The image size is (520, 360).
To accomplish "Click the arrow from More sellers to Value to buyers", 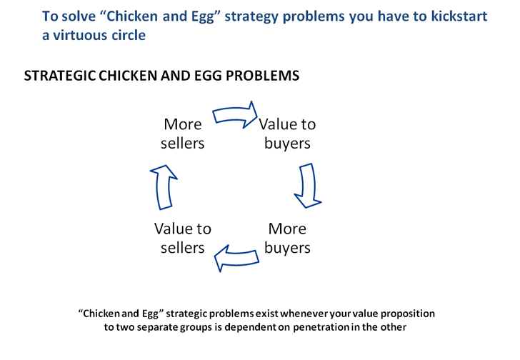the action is (234, 115).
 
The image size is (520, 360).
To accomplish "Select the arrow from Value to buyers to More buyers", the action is (308, 186).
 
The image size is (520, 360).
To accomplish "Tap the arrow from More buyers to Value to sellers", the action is (236, 258).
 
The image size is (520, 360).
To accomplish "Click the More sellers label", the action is (183, 134).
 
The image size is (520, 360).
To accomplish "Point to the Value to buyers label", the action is (287, 134).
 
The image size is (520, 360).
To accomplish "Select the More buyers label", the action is (287, 238).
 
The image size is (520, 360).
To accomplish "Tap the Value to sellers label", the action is (183, 238).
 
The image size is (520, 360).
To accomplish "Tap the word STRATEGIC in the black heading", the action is (60, 76).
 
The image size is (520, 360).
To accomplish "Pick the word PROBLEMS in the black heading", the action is (263, 76).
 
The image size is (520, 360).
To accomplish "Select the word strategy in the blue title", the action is (251, 16).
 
